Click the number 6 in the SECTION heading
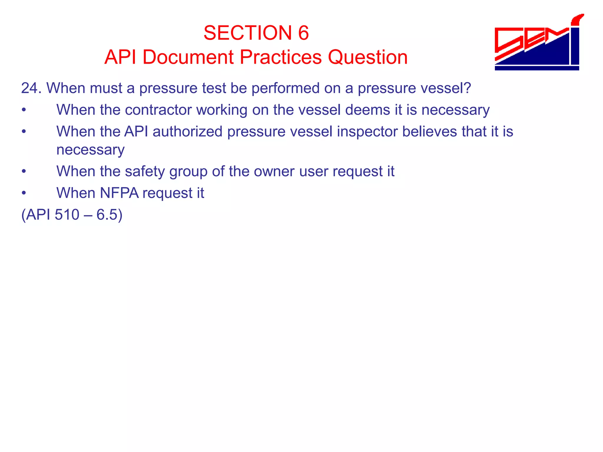[x=303, y=33]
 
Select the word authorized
[x=187, y=131]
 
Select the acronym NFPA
[x=119, y=193]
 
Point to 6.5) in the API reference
[x=109, y=215]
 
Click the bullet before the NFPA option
[x=24, y=193]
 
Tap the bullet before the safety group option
[x=24, y=171]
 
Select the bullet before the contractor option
[x=24, y=110]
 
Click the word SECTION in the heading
[x=248, y=33]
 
